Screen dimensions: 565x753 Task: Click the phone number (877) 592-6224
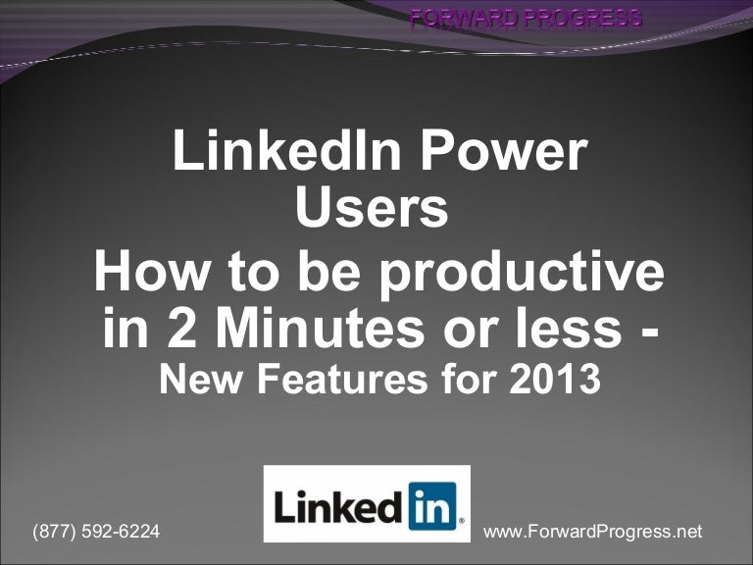96,532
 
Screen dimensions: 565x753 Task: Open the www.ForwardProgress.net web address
593,532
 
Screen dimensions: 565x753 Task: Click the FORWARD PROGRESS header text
526,17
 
